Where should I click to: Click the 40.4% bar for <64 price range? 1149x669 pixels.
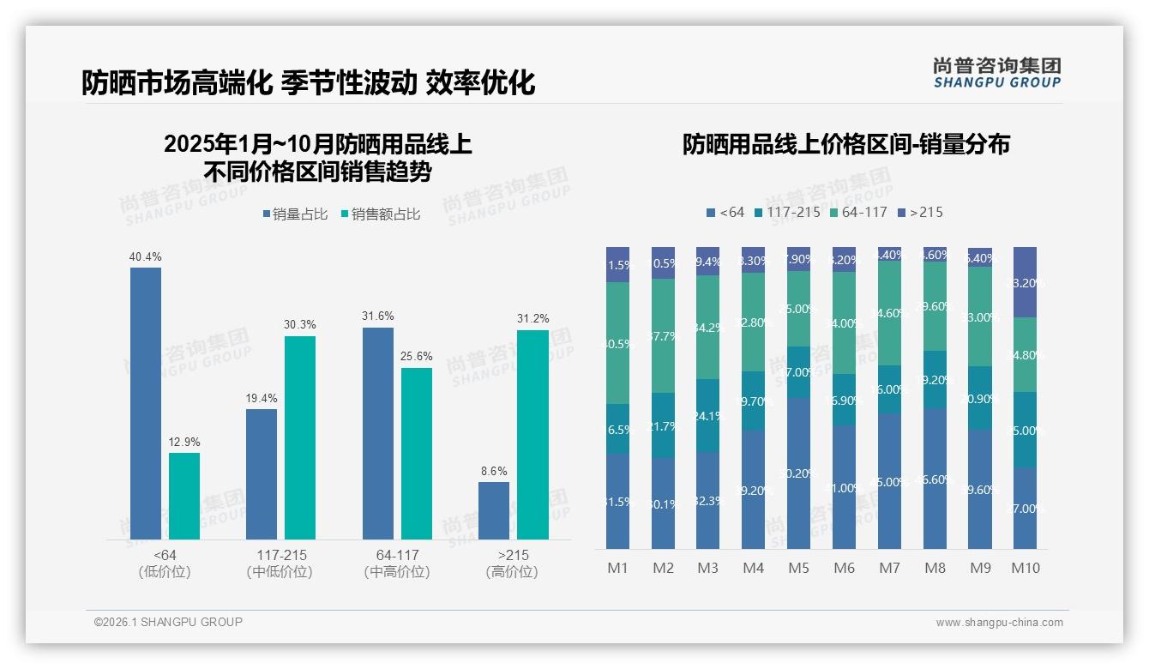(x=146, y=403)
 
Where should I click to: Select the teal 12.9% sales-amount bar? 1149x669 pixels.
(x=184, y=496)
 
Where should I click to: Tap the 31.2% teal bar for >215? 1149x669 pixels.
(x=532, y=435)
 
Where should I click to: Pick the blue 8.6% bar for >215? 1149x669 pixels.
(x=494, y=510)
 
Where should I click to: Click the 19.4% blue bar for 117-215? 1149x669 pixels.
(x=262, y=474)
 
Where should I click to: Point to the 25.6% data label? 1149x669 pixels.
(x=417, y=356)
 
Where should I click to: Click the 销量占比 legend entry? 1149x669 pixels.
(x=295, y=214)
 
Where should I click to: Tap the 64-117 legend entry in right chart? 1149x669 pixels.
(x=859, y=212)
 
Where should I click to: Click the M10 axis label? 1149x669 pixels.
(x=1026, y=568)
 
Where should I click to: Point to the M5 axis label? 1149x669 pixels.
(x=798, y=568)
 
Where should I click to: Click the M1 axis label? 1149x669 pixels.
(x=617, y=568)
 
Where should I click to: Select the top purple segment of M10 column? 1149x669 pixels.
(x=1026, y=282)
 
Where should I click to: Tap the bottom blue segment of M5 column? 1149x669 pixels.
(x=798, y=473)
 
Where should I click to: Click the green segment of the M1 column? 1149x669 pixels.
(x=617, y=343)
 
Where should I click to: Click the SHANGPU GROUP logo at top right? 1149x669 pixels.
(x=996, y=73)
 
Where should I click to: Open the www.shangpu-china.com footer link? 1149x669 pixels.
(x=999, y=623)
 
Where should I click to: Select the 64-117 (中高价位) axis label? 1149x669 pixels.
(x=397, y=564)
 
